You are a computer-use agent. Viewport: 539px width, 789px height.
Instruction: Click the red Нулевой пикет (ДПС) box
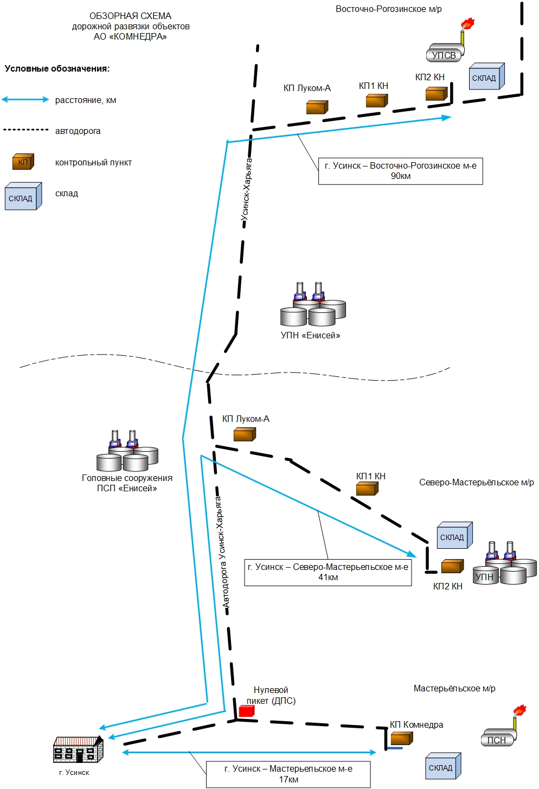point(247,711)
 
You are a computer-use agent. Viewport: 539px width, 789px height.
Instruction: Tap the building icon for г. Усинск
point(79,750)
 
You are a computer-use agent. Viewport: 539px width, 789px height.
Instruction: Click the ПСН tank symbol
point(498,737)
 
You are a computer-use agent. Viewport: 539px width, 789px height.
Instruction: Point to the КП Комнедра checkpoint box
point(402,738)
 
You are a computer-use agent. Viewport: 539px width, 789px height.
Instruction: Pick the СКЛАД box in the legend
point(23,196)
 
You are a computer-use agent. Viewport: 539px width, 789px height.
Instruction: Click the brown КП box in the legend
point(23,162)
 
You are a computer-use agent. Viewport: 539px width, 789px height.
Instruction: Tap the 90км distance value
point(401,176)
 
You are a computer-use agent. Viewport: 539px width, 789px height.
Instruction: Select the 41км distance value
point(328,578)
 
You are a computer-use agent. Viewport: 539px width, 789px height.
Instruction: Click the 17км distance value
point(288,779)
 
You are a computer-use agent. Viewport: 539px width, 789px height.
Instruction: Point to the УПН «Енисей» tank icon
point(313,304)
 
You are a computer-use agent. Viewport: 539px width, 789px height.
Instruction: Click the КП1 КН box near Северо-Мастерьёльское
point(367,489)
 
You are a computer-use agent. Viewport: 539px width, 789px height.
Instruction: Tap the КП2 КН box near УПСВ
point(437,94)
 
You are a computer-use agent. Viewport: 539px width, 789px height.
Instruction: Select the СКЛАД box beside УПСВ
point(487,76)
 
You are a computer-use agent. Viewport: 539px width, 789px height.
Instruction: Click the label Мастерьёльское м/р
point(454,688)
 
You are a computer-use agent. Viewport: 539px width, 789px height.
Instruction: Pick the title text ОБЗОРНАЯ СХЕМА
point(130,16)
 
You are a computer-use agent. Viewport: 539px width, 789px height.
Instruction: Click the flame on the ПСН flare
point(519,709)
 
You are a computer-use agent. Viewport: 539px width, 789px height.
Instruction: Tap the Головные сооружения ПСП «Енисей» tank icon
point(127,451)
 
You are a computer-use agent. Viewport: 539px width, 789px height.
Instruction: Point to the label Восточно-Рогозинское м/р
point(389,9)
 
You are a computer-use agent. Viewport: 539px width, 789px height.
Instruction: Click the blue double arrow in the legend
point(25,100)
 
